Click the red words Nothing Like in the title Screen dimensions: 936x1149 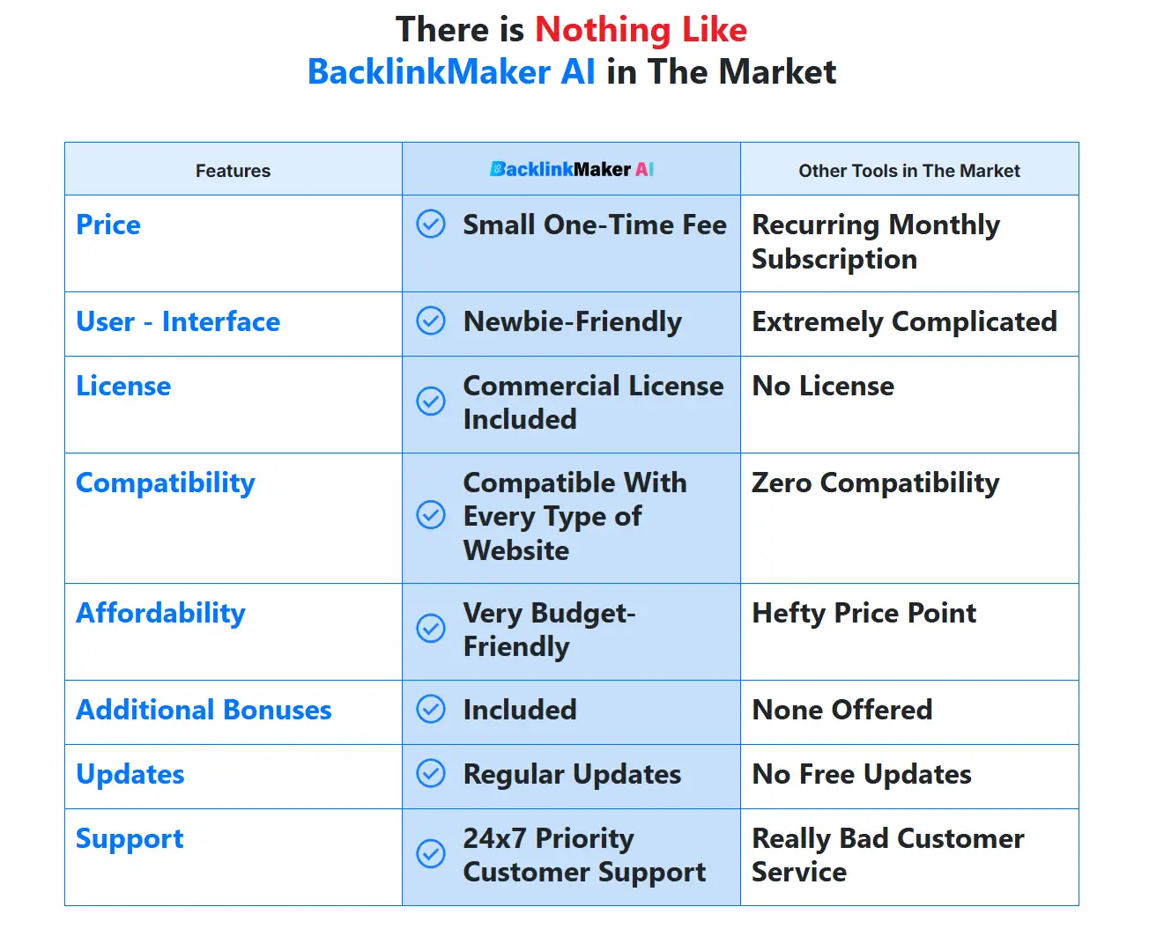coord(641,30)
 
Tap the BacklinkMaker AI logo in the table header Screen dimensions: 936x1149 coord(571,169)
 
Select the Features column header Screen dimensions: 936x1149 coord(233,171)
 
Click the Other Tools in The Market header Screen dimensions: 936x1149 coord(908,171)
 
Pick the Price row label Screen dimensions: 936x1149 coord(108,225)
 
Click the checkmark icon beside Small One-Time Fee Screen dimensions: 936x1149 coord(431,225)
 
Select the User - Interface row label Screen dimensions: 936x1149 coord(178,321)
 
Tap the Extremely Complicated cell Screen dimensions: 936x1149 coord(904,321)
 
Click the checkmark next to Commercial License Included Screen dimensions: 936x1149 coord(431,402)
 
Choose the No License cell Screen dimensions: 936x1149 coord(823,386)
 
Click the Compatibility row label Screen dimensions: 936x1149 coord(166,483)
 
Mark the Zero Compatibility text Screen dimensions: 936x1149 coord(875,483)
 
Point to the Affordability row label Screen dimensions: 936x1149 coord(160,613)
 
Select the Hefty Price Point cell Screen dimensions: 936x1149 coord(864,613)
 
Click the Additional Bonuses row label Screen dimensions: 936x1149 coord(204,710)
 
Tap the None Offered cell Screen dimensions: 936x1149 coord(841,710)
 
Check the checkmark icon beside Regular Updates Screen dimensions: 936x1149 coord(431,774)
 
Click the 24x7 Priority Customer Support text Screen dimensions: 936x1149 coord(584,855)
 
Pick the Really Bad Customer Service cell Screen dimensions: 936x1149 coord(887,855)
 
